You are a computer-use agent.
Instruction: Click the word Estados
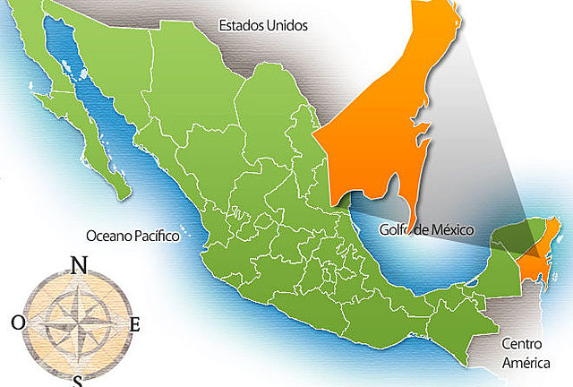241,25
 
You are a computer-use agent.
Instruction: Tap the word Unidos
286,25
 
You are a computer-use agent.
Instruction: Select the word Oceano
109,236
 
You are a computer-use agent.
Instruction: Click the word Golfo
395,229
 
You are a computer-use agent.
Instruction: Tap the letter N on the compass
79,265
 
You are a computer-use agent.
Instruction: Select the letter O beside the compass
18,321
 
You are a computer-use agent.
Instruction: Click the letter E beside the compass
134,324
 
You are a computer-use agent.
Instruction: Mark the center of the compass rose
76,322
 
